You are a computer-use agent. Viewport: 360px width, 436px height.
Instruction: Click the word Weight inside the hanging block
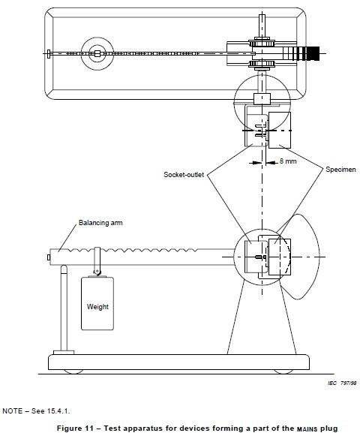pos(98,306)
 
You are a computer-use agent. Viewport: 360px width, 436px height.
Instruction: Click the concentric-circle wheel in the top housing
pos(96,53)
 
